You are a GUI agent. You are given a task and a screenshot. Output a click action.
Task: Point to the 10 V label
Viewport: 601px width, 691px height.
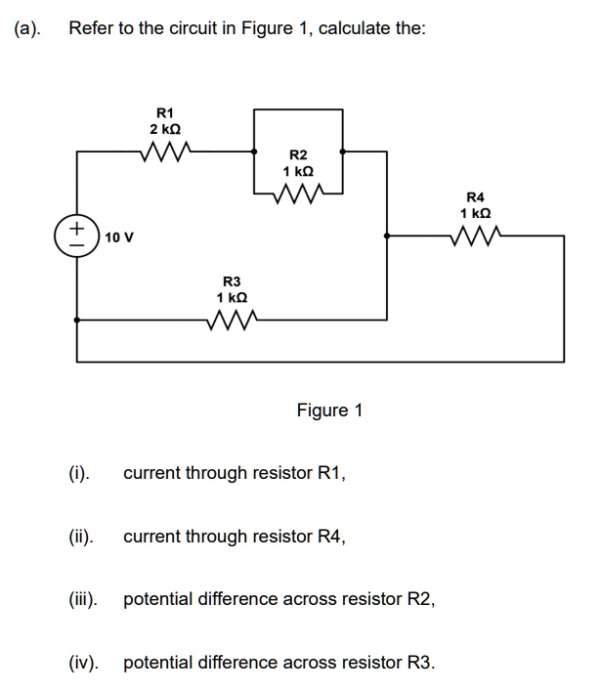click(119, 238)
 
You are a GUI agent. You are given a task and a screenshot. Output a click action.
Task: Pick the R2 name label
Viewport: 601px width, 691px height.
click(298, 155)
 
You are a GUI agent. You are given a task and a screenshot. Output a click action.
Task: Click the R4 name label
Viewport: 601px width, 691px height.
click(476, 195)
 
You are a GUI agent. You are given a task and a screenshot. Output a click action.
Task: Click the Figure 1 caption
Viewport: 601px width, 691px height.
click(329, 410)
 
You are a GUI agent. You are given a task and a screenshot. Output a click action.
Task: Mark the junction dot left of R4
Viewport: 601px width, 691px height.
click(388, 236)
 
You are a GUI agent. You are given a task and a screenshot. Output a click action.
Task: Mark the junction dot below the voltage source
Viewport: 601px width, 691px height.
click(77, 319)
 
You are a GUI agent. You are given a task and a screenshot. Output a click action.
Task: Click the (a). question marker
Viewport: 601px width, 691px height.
click(27, 28)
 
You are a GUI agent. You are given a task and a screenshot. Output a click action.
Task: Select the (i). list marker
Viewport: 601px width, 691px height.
click(78, 473)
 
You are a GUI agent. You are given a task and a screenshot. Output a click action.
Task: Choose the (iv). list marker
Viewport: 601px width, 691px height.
click(82, 663)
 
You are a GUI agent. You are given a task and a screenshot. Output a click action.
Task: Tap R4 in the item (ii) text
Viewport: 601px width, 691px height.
click(331, 537)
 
